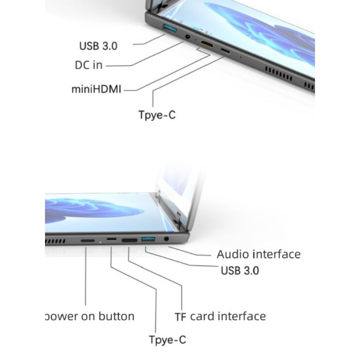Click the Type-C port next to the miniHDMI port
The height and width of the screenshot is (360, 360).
(225, 51)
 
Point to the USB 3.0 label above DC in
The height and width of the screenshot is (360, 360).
(99, 46)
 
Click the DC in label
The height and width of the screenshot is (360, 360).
(89, 65)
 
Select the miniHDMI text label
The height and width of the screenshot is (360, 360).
(96, 89)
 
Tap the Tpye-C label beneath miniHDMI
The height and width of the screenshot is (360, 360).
(157, 115)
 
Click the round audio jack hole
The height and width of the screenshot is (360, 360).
(167, 239)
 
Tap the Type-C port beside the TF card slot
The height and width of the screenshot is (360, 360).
(111, 239)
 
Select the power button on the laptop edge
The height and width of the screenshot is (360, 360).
(88, 240)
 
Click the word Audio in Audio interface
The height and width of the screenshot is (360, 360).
(232, 254)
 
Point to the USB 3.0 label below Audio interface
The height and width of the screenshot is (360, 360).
(240, 270)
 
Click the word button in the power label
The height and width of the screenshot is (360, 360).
(117, 316)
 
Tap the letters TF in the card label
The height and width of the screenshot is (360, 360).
(180, 317)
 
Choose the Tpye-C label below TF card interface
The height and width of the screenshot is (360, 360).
(167, 340)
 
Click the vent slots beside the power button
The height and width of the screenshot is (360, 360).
(55, 241)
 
